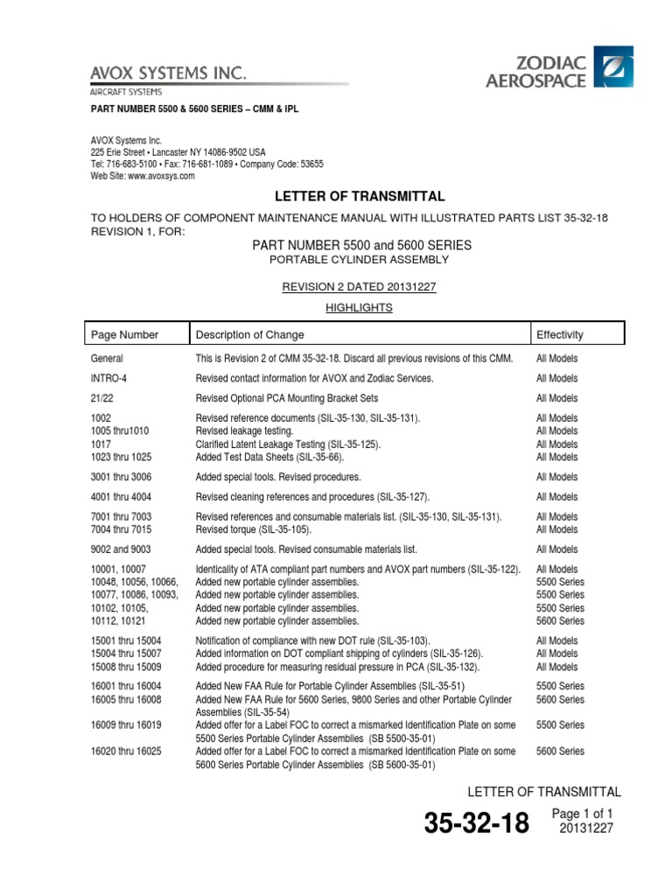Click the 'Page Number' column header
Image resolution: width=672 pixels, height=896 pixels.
pos(125,334)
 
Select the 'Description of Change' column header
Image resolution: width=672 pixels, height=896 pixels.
pos(250,334)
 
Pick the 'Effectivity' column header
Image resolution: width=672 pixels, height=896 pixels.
pos(560,334)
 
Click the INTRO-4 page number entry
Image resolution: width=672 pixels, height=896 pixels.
pos(109,378)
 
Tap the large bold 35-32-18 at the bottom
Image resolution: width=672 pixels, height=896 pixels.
pos(476,823)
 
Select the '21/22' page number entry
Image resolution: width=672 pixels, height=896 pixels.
pos(103,398)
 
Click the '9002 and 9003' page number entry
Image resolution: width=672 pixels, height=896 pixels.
pos(122,549)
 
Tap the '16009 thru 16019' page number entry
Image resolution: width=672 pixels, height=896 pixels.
pos(126,724)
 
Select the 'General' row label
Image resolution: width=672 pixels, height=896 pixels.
pos(107,359)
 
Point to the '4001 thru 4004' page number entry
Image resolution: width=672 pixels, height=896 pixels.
pos(121,497)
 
